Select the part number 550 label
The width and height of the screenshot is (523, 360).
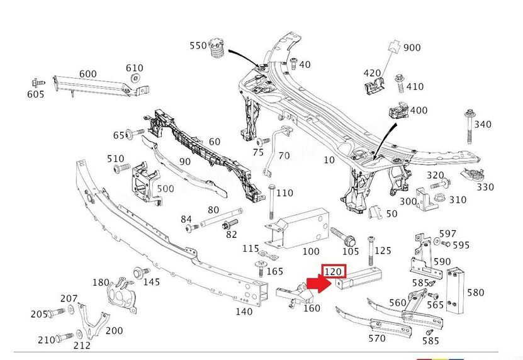(198, 46)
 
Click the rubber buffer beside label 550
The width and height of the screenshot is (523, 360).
(217, 48)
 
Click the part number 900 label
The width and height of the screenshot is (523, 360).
(412, 48)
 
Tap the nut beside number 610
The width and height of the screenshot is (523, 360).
(135, 78)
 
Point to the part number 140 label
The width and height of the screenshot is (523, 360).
(243, 311)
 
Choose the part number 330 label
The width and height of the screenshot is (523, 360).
(485, 187)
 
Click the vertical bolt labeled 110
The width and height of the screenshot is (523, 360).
(269, 199)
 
